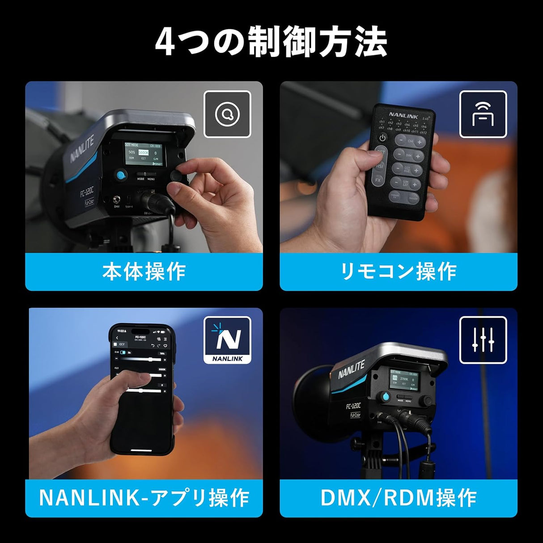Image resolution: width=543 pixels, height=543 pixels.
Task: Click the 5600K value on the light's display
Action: [144, 152]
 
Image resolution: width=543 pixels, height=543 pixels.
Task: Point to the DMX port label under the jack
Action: [117, 207]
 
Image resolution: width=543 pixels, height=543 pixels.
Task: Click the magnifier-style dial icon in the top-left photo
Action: [227, 114]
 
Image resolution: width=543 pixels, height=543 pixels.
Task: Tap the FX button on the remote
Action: [378, 181]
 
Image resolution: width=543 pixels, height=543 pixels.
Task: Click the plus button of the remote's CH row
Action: [420, 142]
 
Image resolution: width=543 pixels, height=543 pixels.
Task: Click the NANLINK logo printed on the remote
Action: [403, 116]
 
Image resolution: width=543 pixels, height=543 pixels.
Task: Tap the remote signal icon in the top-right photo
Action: [483, 114]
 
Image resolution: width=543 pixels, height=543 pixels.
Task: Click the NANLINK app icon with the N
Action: [227, 340]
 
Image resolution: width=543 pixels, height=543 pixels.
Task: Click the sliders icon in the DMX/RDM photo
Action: [483, 340]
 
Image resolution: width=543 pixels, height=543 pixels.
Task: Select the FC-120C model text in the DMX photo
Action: [353, 406]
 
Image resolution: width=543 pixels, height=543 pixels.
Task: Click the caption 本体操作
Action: [144, 271]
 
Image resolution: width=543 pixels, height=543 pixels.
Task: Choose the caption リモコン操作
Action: [399, 271]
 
